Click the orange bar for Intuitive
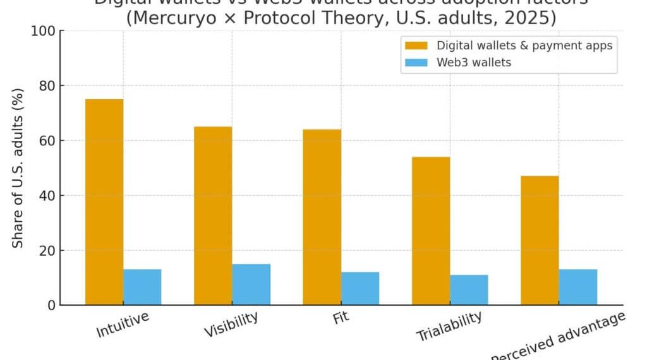tap(104, 202)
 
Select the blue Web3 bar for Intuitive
tap(142, 287)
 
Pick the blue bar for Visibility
tap(251, 284)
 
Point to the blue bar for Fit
tap(360, 289)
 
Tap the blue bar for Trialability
tap(469, 290)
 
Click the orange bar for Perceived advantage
tap(540, 241)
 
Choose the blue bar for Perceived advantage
tap(578, 287)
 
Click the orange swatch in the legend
tap(416, 45)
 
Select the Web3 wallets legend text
tap(474, 63)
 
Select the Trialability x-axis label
tap(449, 326)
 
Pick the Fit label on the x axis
tap(341, 317)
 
